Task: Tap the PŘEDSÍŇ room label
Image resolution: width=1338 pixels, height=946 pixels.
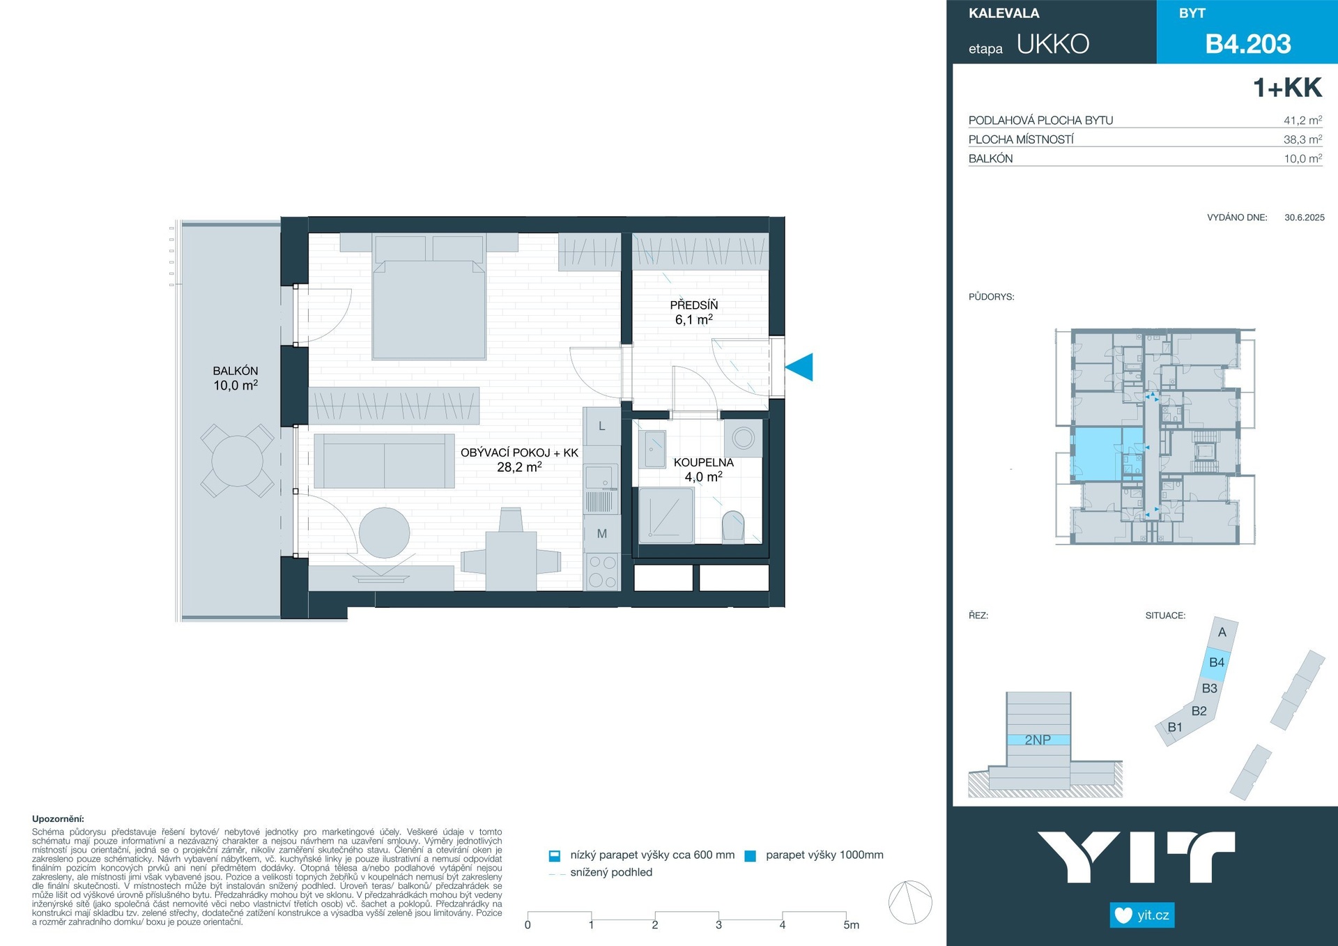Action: point(693,305)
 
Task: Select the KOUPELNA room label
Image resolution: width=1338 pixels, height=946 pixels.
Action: point(703,462)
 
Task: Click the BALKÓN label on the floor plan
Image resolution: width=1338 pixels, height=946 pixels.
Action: point(236,371)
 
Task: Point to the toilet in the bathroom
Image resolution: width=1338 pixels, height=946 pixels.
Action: point(733,526)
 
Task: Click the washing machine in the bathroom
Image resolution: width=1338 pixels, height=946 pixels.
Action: point(743,438)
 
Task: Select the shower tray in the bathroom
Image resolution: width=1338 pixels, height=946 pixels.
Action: point(666,515)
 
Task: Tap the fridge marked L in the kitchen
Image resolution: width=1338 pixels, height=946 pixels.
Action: point(601,426)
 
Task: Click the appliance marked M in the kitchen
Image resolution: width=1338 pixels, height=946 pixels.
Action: point(601,533)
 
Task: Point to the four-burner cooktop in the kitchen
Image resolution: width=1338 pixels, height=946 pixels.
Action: point(602,571)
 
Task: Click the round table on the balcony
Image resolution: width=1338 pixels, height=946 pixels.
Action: point(238,461)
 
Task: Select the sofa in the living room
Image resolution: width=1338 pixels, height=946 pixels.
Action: point(384,461)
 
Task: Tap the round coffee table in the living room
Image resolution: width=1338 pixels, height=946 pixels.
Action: point(384,533)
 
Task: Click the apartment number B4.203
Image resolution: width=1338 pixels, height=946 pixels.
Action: point(1248,44)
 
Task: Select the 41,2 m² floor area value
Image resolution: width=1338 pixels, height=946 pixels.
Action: point(1302,120)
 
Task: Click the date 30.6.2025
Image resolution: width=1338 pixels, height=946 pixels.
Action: point(1305,218)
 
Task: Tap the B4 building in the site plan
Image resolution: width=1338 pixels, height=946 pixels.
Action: point(1216,662)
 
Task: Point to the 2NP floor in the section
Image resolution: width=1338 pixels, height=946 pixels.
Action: point(1038,740)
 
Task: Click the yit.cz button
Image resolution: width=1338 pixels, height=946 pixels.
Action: point(1142,915)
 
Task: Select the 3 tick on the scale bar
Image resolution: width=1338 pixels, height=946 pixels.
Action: point(718,924)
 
